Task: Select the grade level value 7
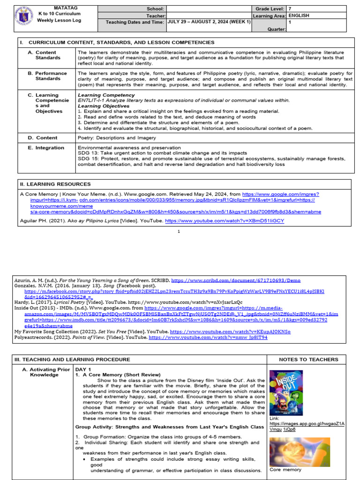290,8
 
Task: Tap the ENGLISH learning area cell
300,15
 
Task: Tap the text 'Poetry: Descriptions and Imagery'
117,138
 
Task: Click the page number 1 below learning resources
179,232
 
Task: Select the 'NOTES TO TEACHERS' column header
308,360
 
